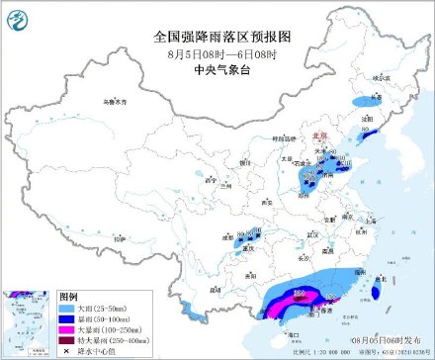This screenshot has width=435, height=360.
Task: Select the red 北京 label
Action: click(x=319, y=136)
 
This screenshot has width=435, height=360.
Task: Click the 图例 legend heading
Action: click(x=68, y=296)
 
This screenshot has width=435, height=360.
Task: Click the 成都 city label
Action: click(x=228, y=239)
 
